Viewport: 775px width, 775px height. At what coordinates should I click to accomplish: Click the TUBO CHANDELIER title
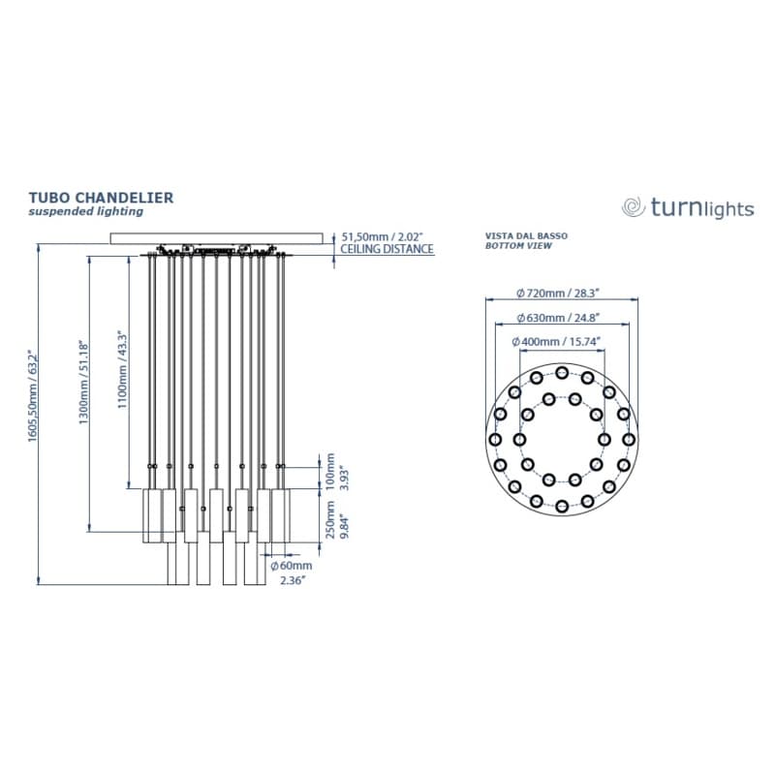[101, 198]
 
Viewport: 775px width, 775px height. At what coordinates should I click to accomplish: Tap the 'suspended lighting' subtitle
[85, 211]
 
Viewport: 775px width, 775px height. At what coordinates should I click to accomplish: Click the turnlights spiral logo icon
[634, 207]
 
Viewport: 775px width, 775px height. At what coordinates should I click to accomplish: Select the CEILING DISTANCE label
[387, 249]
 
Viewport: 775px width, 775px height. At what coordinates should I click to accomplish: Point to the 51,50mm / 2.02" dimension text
[383, 236]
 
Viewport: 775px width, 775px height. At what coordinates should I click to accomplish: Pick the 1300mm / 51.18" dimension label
[84, 382]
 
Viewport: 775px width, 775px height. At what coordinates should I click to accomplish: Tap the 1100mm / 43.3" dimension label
[123, 371]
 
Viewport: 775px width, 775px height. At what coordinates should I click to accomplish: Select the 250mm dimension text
[330, 519]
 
